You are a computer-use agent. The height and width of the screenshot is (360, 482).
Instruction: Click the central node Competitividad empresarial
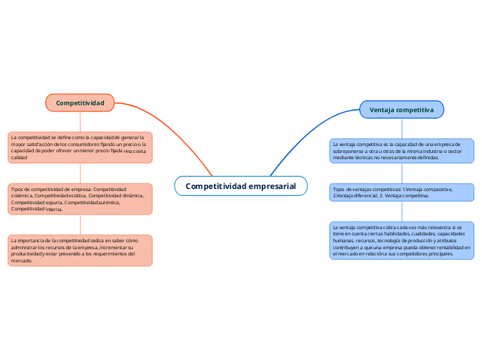[x=240, y=186]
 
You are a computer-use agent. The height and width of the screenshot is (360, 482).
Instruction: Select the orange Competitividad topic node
[x=80, y=103]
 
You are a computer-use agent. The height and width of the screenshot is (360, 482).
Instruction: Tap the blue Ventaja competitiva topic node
[x=402, y=109]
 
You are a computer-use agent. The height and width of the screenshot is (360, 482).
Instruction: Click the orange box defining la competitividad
[x=80, y=147]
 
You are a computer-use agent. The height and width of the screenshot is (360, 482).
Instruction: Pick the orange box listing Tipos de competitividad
[x=80, y=199]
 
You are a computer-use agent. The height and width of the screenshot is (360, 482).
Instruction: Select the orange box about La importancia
[x=80, y=250]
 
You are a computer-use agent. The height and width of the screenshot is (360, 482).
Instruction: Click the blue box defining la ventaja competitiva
[x=402, y=150]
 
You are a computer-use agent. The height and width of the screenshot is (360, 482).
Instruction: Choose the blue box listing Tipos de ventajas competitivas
[x=402, y=192]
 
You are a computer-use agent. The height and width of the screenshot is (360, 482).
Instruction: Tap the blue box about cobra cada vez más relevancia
[x=402, y=240]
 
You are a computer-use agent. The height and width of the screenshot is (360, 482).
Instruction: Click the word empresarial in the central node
[x=271, y=186]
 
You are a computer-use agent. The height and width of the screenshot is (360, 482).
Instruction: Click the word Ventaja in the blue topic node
[x=382, y=109]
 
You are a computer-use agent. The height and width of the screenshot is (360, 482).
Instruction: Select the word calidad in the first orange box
[x=19, y=158]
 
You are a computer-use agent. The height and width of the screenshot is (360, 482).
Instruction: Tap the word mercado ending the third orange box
[x=21, y=261]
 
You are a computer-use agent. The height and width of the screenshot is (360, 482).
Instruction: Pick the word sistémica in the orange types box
[x=21, y=196]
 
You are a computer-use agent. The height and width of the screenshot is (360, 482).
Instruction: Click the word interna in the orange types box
[x=53, y=209]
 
